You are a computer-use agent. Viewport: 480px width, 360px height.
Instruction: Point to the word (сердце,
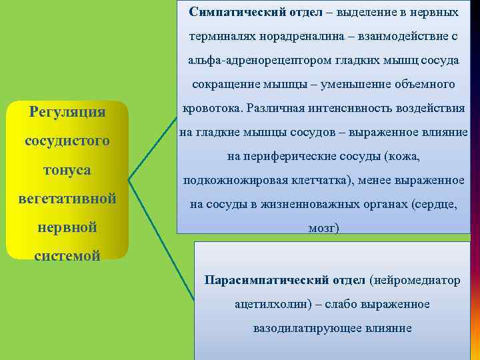pos(434,205)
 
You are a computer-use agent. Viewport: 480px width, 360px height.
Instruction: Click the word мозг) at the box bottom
pos(323,229)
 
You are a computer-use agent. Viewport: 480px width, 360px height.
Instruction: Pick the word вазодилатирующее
pos(297,328)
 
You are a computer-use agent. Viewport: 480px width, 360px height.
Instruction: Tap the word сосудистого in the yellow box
pos(67,141)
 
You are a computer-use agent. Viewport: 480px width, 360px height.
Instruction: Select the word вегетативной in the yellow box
pos(67,199)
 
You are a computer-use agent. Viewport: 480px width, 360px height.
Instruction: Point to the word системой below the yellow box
pos(67,255)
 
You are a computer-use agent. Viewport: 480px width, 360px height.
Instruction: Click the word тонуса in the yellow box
pos(67,170)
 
